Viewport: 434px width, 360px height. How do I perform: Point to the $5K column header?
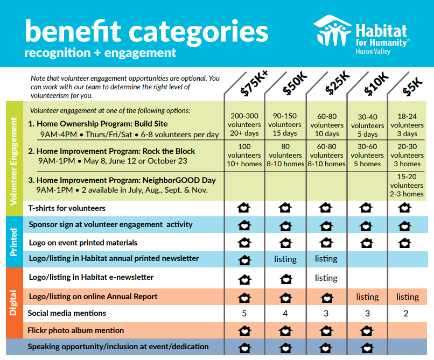pyautogui.click(x=414, y=84)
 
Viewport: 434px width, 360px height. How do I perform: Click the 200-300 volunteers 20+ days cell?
pyautogui.click(x=244, y=125)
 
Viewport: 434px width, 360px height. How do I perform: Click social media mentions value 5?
pyautogui.click(x=244, y=314)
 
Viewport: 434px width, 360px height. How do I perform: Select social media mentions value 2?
pyautogui.click(x=406, y=314)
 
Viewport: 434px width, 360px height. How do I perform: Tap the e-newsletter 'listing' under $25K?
pyautogui.click(x=326, y=278)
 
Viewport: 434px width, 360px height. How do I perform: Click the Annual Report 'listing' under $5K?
pyautogui.click(x=407, y=297)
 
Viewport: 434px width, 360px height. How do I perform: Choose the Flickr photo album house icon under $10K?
pyautogui.click(x=366, y=330)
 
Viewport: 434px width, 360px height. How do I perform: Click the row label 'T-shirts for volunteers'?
pyautogui.click(x=67, y=208)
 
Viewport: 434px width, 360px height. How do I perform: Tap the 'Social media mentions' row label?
pyautogui.click(x=67, y=313)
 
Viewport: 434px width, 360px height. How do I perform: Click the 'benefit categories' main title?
pyautogui.click(x=146, y=32)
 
